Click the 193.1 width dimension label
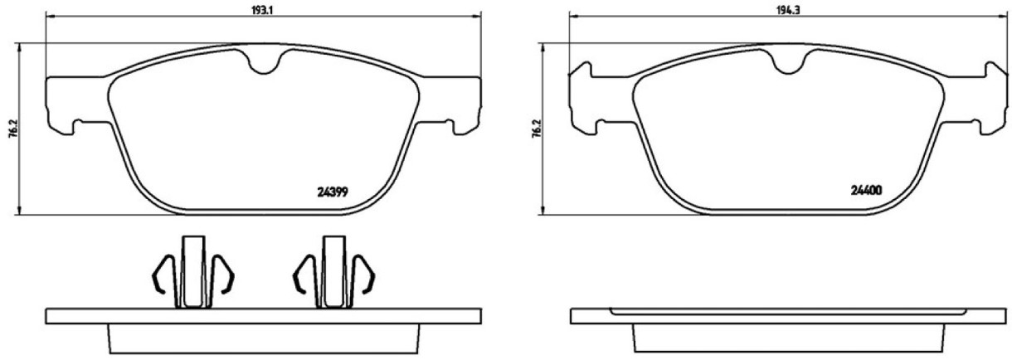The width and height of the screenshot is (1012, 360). [263, 11]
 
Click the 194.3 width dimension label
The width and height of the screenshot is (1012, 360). [788, 11]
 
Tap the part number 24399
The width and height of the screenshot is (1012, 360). [333, 192]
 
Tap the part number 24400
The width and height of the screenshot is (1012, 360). [866, 191]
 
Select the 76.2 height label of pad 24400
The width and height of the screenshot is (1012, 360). [538, 128]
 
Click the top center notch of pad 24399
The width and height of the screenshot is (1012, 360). [265, 63]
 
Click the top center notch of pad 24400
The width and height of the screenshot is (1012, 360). [788, 63]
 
